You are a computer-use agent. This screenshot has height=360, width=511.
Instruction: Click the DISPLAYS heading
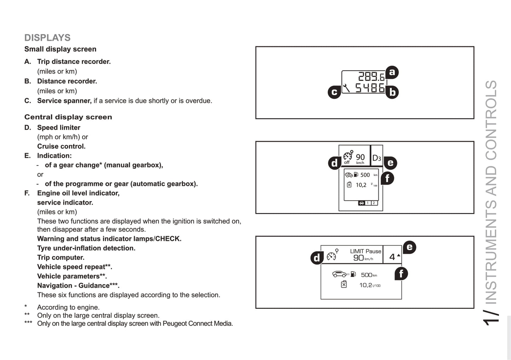(x=47, y=38)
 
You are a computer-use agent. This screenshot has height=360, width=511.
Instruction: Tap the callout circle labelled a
(x=391, y=72)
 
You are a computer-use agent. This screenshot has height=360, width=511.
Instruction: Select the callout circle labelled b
(x=392, y=92)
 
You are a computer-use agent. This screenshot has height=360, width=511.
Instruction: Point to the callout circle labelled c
(x=334, y=92)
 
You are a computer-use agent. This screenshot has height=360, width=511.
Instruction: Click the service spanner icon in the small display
(x=347, y=87)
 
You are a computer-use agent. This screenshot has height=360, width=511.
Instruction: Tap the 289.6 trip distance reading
(x=371, y=77)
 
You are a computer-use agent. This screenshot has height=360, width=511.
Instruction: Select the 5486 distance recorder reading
(x=370, y=88)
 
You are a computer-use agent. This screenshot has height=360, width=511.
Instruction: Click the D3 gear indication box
(x=377, y=158)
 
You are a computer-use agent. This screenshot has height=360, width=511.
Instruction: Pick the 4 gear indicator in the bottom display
(x=393, y=257)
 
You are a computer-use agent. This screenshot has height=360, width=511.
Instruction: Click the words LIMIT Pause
(x=366, y=251)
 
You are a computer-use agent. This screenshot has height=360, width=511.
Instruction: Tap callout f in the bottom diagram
(x=401, y=273)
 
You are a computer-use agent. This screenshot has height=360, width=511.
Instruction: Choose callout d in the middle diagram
(x=335, y=163)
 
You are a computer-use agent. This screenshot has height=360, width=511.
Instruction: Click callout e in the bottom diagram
(x=410, y=247)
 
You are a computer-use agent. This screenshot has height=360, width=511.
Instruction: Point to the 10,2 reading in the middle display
(x=361, y=185)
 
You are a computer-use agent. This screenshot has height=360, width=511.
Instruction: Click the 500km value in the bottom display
(x=369, y=275)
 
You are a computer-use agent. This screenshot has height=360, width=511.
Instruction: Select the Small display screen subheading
(x=60, y=49)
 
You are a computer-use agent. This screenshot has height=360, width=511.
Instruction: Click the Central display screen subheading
(x=68, y=117)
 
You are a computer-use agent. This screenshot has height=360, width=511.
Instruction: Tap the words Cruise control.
(x=61, y=146)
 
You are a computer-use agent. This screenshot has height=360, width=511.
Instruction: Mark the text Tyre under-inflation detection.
(x=86, y=248)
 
